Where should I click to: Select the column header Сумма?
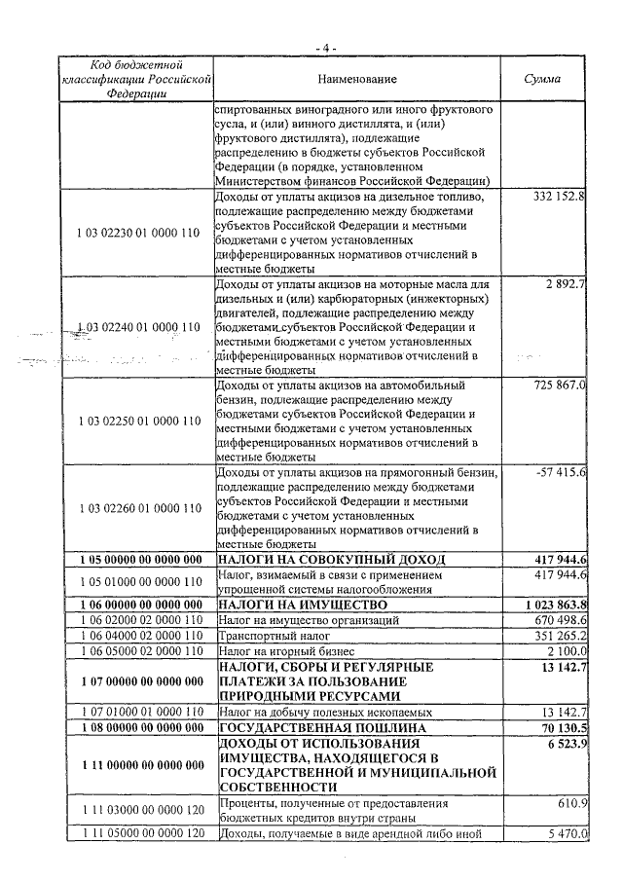[542, 77]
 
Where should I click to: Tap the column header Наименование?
[356, 77]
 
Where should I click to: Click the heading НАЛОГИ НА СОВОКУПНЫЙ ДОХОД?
[331, 559]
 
